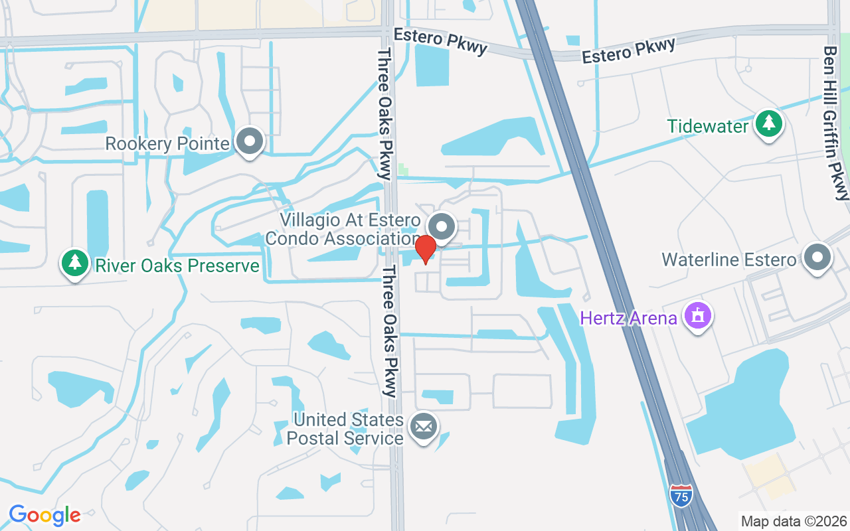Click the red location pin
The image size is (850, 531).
click(x=425, y=249)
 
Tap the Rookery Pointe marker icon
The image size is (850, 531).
click(x=250, y=141)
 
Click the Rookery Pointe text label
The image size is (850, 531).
click(x=168, y=143)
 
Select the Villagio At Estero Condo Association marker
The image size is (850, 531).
click(x=442, y=226)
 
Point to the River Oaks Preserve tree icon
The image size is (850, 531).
click(x=75, y=264)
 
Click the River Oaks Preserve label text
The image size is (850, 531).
click(x=177, y=266)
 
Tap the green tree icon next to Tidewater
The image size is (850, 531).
click(x=769, y=124)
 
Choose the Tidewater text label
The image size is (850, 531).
click(x=708, y=126)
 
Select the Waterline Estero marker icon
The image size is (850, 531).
click(x=817, y=258)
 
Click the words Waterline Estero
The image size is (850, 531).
click(x=728, y=260)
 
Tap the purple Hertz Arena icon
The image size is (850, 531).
click(x=697, y=316)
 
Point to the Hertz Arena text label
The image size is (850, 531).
click(x=628, y=319)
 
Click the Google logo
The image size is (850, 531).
click(x=44, y=515)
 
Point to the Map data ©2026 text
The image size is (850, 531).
click(x=794, y=521)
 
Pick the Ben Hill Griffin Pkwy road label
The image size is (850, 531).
click(x=835, y=122)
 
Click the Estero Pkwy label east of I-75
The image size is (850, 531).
click(x=628, y=51)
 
